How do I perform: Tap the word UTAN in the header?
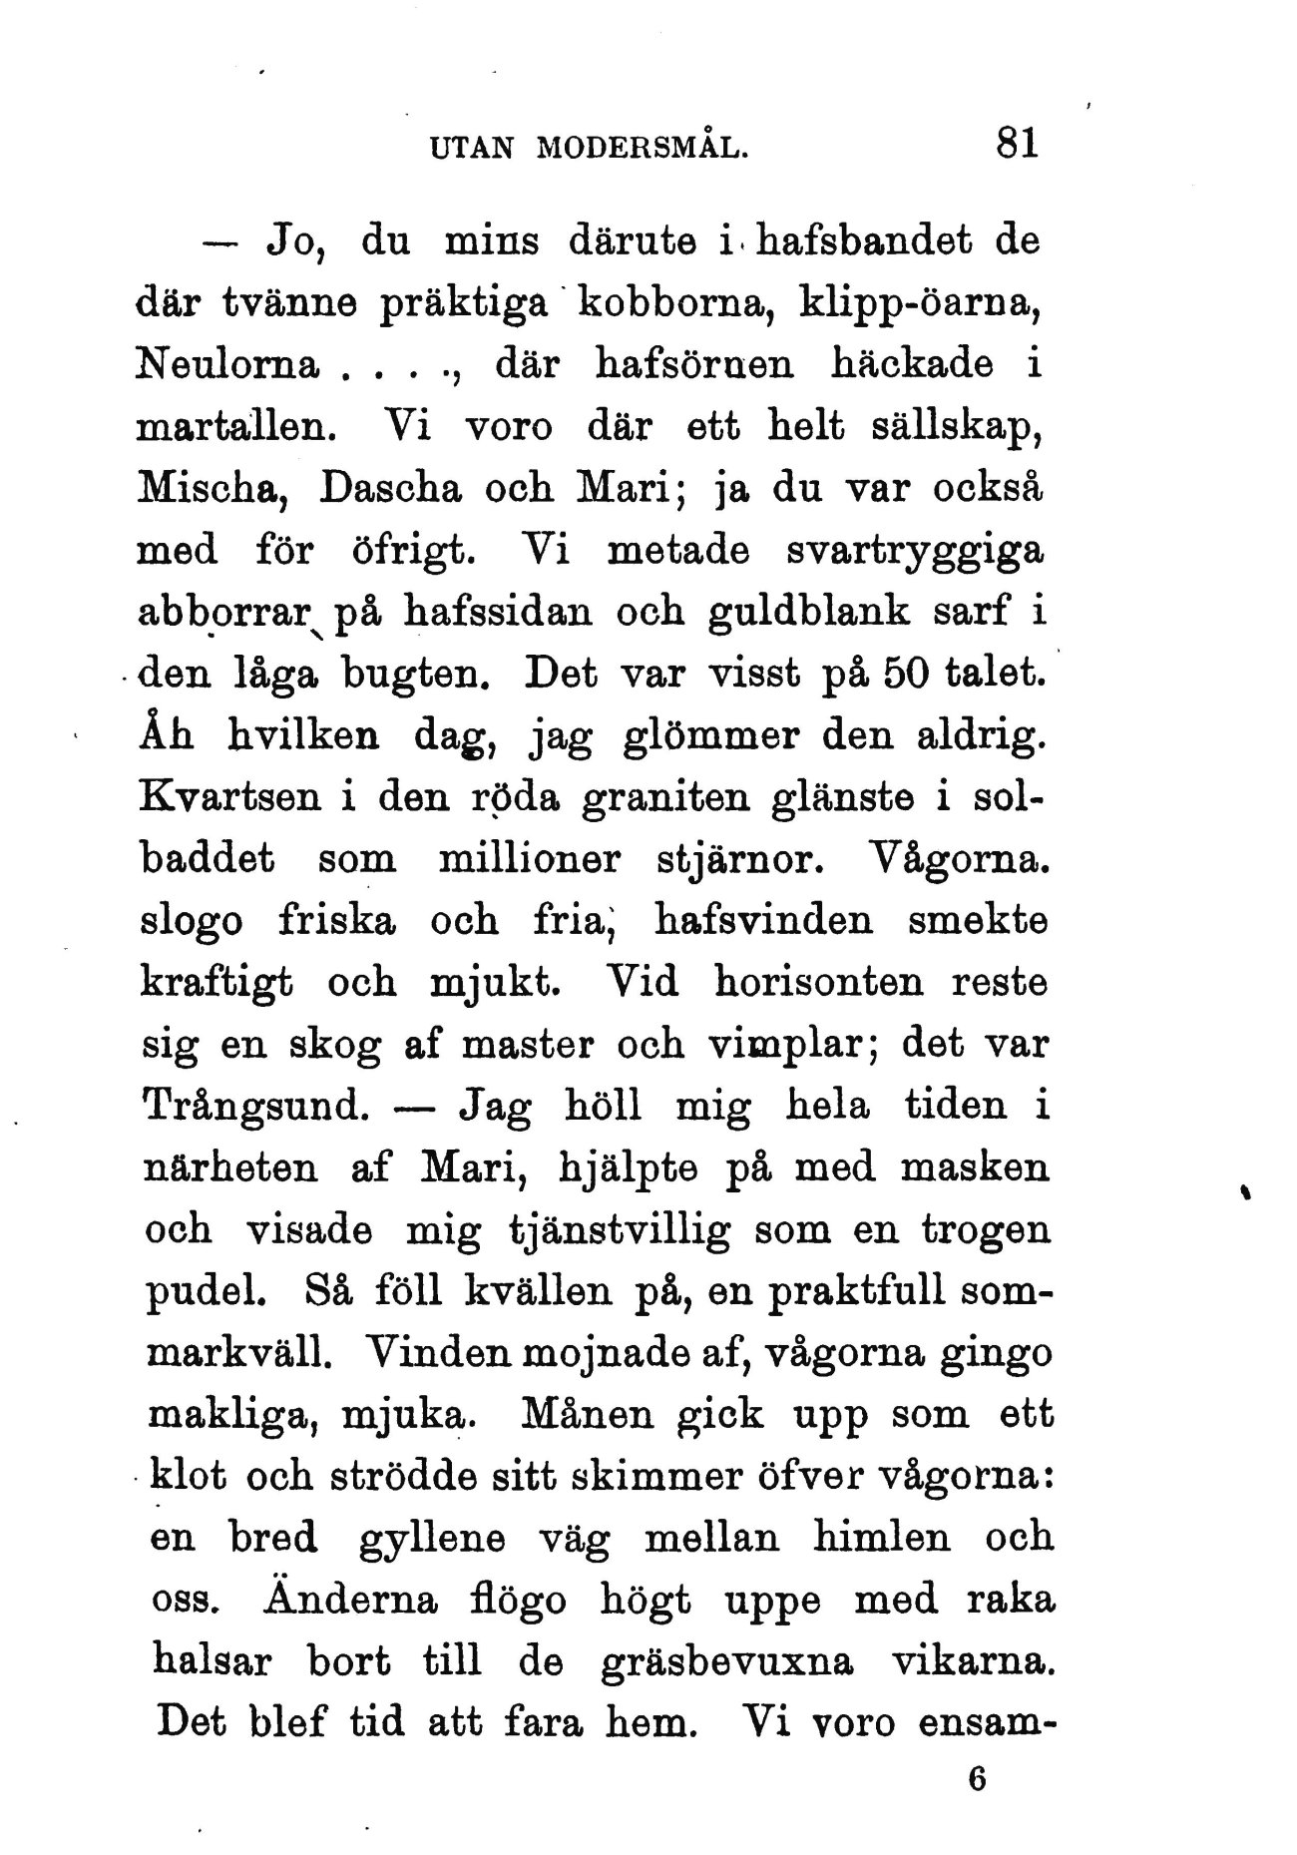(469, 148)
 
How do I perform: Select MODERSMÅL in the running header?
(642, 148)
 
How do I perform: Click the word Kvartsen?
(236, 798)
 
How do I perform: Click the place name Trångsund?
(258, 1106)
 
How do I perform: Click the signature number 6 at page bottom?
(977, 1778)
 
